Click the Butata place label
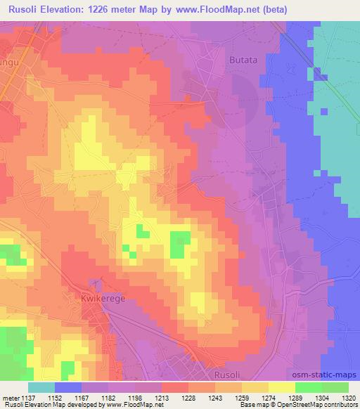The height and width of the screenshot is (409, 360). coord(245,60)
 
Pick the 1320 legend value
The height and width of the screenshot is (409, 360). coord(348,397)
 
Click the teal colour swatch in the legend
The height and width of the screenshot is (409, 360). coord(41,387)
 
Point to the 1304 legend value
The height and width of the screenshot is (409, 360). coord(321,397)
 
